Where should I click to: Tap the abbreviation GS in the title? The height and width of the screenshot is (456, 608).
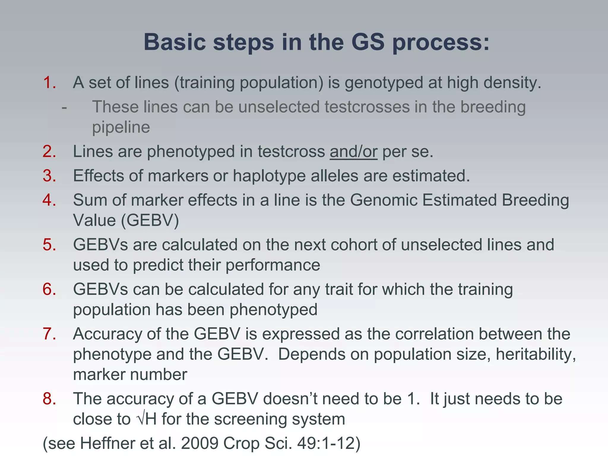[368, 42]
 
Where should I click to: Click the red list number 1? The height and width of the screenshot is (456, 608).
[49, 83]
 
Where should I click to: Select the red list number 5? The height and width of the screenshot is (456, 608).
[49, 245]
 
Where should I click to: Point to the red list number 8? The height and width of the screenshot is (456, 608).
[49, 399]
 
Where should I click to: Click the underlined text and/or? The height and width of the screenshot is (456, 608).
[353, 152]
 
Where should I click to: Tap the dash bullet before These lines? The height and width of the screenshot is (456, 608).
[64, 107]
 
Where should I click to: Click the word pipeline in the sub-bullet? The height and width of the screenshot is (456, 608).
[121, 127]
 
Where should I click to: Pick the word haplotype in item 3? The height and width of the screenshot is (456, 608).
[269, 176]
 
